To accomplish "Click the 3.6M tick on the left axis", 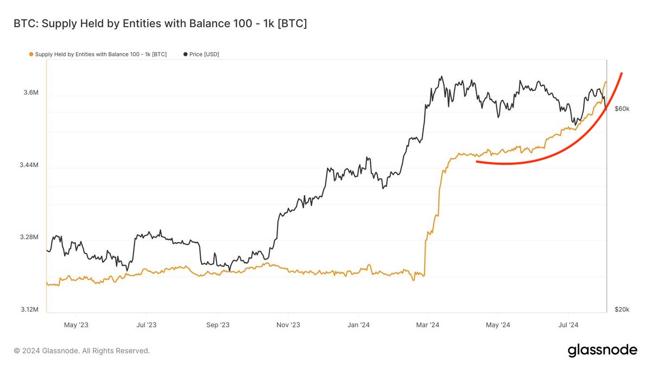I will tap(30, 93).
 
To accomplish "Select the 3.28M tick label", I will tap(29, 238).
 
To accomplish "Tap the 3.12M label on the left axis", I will tap(29, 309).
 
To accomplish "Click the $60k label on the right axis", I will tap(622, 109).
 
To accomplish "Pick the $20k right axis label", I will tap(622, 309).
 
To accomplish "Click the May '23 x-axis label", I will tap(76, 325).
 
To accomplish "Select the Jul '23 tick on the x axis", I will tap(147, 325).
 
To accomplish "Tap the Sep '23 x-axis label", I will tap(217, 325).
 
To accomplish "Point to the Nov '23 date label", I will tap(288, 325).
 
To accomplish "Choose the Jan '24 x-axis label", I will tap(358, 325).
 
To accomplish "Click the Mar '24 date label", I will tap(428, 325).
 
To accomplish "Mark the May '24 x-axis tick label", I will tap(498, 325).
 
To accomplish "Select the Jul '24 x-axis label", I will tap(568, 325).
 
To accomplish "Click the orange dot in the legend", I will tap(31, 54).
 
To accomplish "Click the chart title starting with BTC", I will tap(160, 24).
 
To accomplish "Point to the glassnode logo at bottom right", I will tap(602, 350).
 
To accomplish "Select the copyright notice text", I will tap(81, 351).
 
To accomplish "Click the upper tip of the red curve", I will tap(621, 73).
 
